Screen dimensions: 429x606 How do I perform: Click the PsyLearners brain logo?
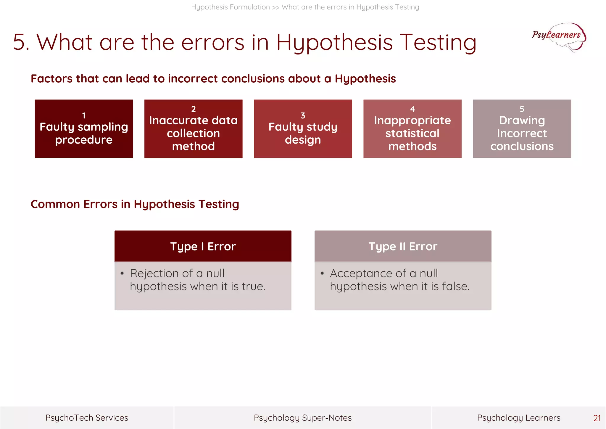(559, 37)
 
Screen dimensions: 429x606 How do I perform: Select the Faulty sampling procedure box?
(84, 129)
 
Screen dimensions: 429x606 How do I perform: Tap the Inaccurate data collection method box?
(193, 129)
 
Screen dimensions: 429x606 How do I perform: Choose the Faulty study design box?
(303, 129)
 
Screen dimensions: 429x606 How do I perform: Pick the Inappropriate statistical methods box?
(412, 129)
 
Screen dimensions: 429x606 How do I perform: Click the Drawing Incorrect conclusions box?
(522, 129)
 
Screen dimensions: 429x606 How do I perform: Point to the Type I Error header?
(203, 246)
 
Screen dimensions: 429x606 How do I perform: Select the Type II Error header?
(403, 246)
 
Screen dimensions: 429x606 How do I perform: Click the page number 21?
(597, 418)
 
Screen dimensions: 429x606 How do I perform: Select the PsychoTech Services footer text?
(87, 418)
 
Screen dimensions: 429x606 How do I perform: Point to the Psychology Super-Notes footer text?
(303, 418)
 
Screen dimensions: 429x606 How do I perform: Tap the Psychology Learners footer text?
(518, 418)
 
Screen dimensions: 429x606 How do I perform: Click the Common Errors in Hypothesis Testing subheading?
(135, 204)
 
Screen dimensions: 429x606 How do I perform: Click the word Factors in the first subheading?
(51, 79)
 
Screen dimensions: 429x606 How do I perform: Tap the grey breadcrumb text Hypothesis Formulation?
(230, 7)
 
